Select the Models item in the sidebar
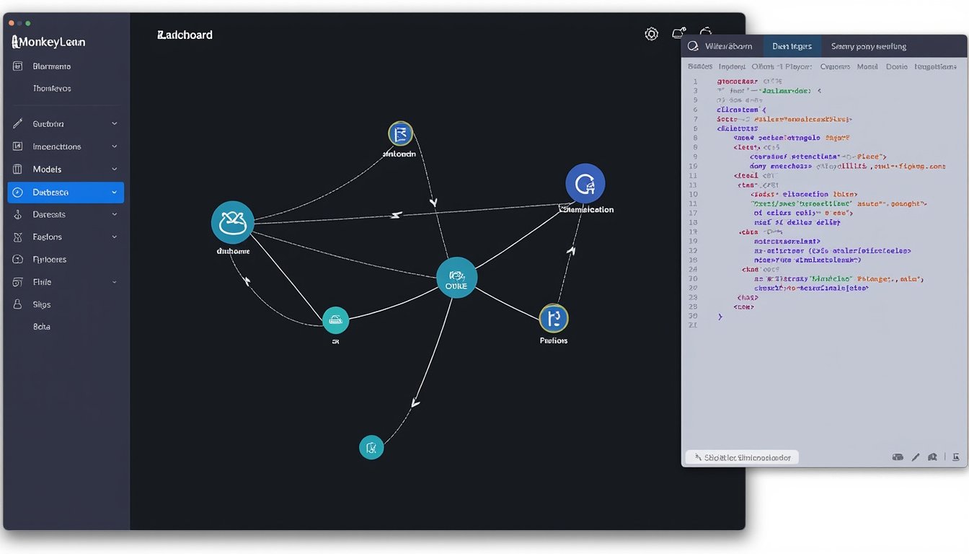click(x=48, y=170)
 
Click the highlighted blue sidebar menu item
click(x=65, y=193)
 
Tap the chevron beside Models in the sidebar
click(x=115, y=170)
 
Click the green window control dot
click(x=28, y=23)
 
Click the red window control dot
click(x=11, y=23)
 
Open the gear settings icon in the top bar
click(x=652, y=34)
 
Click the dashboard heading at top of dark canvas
click(x=185, y=35)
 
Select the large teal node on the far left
click(x=232, y=222)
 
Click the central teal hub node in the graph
click(x=456, y=278)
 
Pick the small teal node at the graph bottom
click(x=371, y=447)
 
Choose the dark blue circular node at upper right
click(x=585, y=183)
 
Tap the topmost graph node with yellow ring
click(x=400, y=133)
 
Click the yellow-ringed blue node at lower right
click(x=554, y=317)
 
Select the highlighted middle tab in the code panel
click(x=792, y=46)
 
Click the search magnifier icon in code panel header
click(x=693, y=46)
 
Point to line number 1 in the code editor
click(x=695, y=82)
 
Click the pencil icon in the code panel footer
click(x=916, y=457)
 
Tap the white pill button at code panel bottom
click(x=742, y=457)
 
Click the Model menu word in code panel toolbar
click(x=867, y=66)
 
